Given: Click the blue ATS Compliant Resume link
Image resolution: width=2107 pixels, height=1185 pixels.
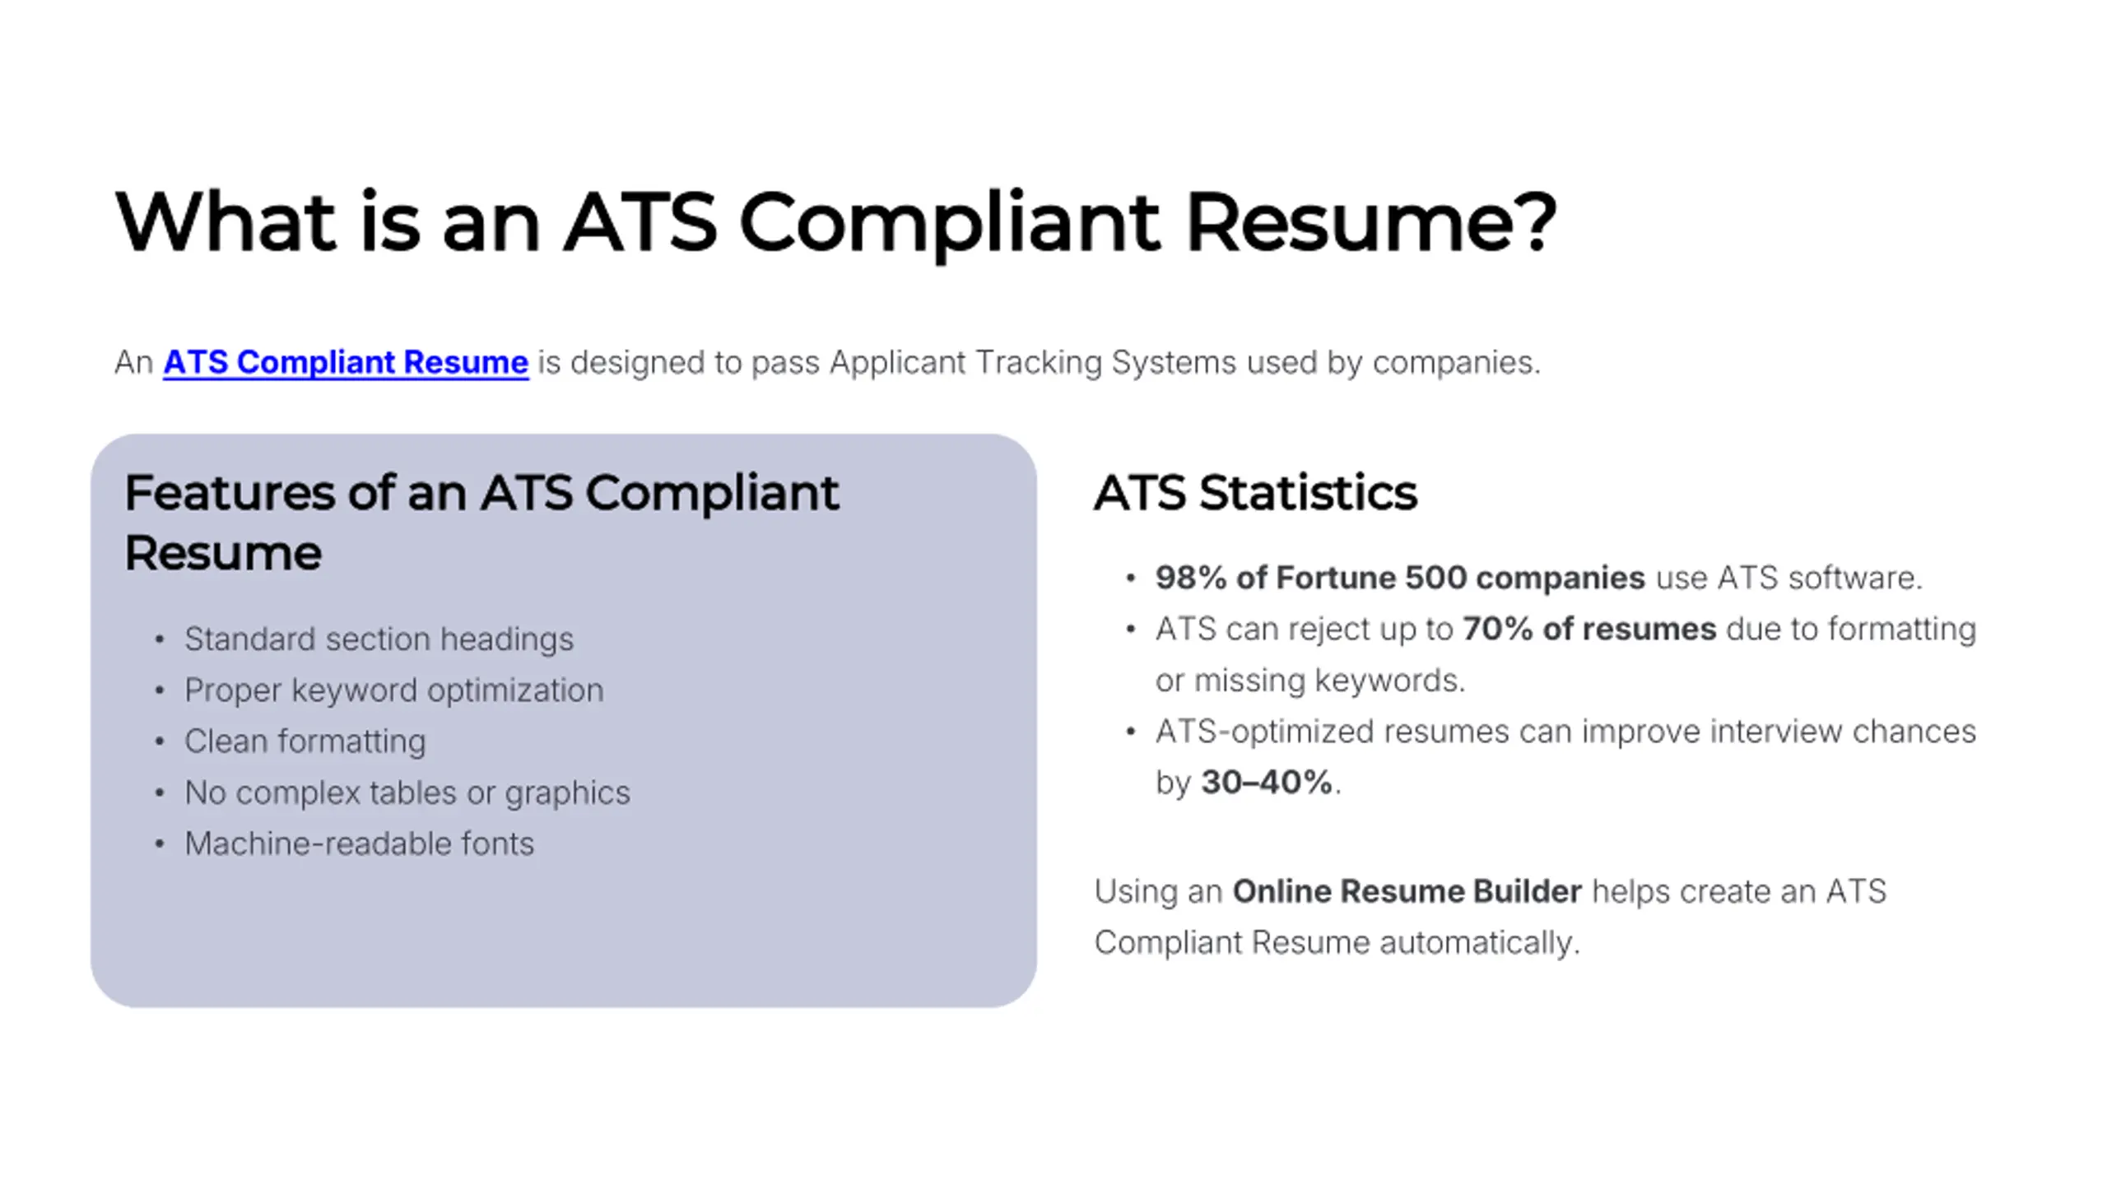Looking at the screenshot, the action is [x=346, y=363].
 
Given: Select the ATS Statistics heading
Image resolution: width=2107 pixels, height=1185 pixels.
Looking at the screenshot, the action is [x=1256, y=493].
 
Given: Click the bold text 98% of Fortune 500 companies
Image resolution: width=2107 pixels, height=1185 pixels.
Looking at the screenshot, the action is [x=1400, y=578].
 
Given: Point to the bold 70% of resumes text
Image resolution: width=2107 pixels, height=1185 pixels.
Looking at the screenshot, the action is [x=1589, y=630].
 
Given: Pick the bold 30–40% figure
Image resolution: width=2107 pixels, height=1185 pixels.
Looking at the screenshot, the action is [x=1267, y=783].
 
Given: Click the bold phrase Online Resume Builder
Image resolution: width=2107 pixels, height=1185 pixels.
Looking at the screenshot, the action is [x=1407, y=891].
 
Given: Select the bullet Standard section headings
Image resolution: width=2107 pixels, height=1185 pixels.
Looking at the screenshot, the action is [x=379, y=639].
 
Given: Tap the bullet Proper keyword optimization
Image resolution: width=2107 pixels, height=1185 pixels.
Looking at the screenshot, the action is [x=393, y=690].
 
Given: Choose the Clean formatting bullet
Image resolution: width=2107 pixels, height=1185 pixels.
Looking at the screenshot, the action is [x=305, y=741].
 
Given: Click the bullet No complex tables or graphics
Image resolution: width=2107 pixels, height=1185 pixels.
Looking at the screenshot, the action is [x=407, y=793].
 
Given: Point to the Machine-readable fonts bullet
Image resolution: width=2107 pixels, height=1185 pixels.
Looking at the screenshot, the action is [x=359, y=844].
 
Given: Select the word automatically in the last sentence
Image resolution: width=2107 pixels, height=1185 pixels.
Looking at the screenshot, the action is [x=1480, y=943].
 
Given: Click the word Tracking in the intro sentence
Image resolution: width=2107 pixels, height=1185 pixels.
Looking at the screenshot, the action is [x=1039, y=363].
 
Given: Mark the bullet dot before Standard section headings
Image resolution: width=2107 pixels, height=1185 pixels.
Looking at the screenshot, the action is [x=160, y=640].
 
